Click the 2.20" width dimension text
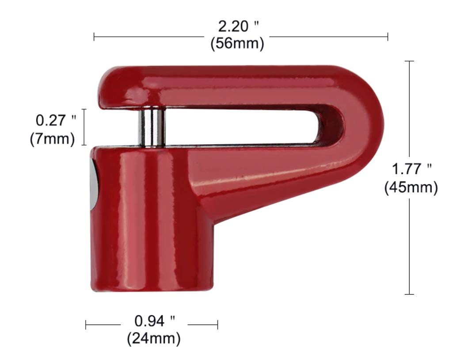coord(238,27)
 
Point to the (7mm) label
coord(52,138)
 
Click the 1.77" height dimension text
coord(411,169)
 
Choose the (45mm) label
coord(411,188)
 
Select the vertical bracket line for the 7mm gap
coord(85,127)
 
